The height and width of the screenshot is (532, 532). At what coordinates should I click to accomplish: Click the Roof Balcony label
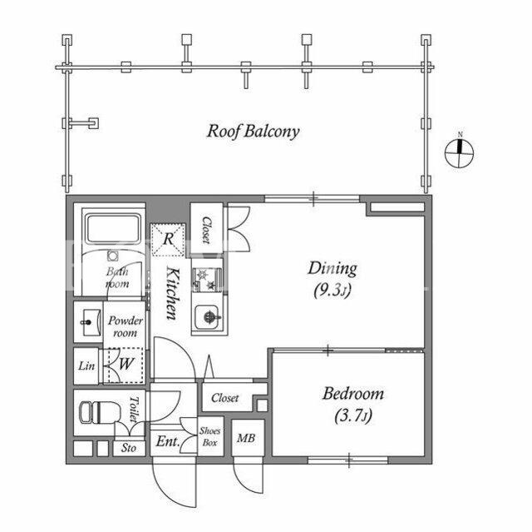(x=253, y=132)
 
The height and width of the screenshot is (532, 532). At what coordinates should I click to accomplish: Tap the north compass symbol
(x=460, y=153)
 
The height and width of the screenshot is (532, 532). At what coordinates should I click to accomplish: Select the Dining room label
(x=332, y=268)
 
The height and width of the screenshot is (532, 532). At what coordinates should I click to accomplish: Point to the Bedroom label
(x=353, y=394)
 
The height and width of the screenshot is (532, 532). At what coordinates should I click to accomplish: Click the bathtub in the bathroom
(x=113, y=228)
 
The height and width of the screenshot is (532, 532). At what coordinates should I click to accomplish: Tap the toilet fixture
(x=100, y=412)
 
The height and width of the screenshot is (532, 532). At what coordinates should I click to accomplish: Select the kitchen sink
(x=207, y=317)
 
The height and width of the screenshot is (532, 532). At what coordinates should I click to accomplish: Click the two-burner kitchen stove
(x=208, y=280)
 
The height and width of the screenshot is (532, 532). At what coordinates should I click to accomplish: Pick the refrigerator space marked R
(x=168, y=239)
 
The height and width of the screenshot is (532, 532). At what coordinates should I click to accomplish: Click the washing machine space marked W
(x=126, y=365)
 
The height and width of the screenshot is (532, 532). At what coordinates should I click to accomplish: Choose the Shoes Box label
(x=209, y=436)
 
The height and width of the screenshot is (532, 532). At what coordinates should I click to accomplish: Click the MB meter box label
(x=246, y=438)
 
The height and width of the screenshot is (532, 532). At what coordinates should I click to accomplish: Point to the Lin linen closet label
(x=86, y=365)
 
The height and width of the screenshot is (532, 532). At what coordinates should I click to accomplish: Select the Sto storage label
(x=129, y=448)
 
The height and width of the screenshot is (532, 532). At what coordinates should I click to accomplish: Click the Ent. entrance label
(x=168, y=441)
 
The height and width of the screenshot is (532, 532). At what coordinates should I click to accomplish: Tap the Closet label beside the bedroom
(x=225, y=398)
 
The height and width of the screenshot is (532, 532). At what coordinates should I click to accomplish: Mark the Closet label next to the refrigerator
(x=206, y=231)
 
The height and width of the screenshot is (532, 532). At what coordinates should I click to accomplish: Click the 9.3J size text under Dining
(x=332, y=291)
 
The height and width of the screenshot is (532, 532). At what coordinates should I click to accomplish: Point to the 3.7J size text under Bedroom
(x=353, y=415)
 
